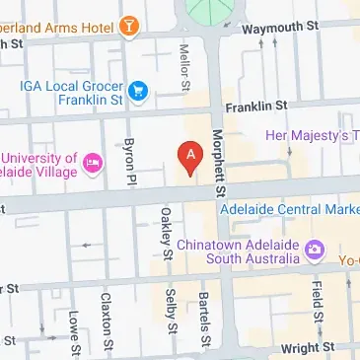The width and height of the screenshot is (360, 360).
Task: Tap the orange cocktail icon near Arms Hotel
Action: coord(127,27)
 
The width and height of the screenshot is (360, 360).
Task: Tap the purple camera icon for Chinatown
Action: coord(315,251)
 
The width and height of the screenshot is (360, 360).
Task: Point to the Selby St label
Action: coord(172,313)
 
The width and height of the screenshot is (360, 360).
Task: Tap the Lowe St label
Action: coord(74,326)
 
